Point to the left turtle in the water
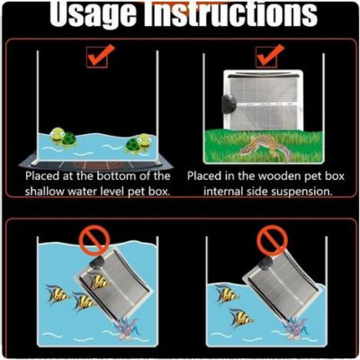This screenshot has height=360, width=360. coord(63,138)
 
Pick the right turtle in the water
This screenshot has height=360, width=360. coord(139,143)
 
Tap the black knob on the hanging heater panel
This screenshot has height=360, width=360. coord(228,103)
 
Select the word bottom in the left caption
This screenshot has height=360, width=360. coord(118,175)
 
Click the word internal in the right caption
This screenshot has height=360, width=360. coord(220,191)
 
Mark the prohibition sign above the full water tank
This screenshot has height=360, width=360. coord(94,239)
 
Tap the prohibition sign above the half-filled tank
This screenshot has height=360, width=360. coord(272,239)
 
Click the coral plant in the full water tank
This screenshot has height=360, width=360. coord(127,328)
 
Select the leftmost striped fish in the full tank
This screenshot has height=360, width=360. coord(58,294)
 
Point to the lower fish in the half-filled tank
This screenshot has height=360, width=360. coord(241,319)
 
